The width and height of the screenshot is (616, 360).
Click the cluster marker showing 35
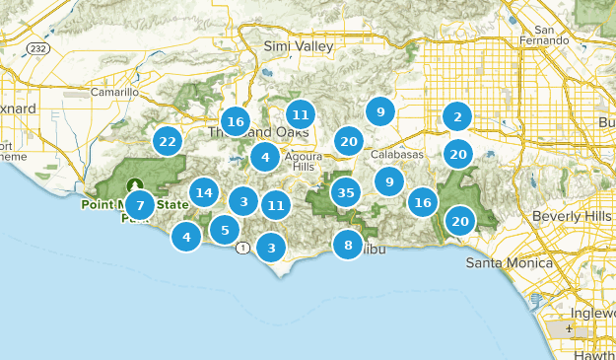coord(344,192)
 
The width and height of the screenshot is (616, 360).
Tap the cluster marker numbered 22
coord(168,141)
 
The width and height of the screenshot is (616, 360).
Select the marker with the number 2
coord(456,116)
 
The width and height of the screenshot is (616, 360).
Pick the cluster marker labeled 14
coord(204,192)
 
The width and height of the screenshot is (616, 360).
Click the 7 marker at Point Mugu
coord(140,206)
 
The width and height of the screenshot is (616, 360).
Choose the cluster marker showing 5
coord(225,231)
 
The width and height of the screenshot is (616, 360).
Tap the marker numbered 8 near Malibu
coord(348,244)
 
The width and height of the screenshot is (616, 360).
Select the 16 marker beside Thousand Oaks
coord(235,121)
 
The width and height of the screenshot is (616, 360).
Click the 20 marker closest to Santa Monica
coord(460,221)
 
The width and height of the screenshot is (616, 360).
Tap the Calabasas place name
coord(397,155)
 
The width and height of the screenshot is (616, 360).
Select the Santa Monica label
coord(505,262)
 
